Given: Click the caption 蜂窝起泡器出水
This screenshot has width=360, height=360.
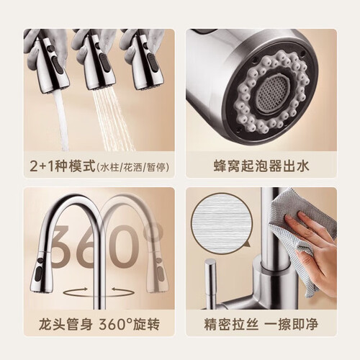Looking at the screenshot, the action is click(x=261, y=166).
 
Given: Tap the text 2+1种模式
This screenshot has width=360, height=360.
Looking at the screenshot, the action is click(x=63, y=166).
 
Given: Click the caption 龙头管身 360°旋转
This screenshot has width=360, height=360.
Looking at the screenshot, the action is click(x=99, y=324).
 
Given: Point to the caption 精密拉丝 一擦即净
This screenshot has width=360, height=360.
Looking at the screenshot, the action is click(x=261, y=324).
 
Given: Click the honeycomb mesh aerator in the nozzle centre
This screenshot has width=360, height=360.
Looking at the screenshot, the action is click(x=271, y=92).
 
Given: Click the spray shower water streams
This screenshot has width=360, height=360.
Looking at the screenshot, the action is click(x=113, y=120).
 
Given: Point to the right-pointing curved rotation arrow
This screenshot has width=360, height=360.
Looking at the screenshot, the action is click(x=75, y=292).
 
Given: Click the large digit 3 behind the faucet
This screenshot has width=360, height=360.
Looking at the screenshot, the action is click(x=63, y=246).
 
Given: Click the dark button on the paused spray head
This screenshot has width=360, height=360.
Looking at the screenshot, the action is click(x=152, y=62).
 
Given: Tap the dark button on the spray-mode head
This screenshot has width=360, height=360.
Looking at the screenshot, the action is click(x=104, y=63).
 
